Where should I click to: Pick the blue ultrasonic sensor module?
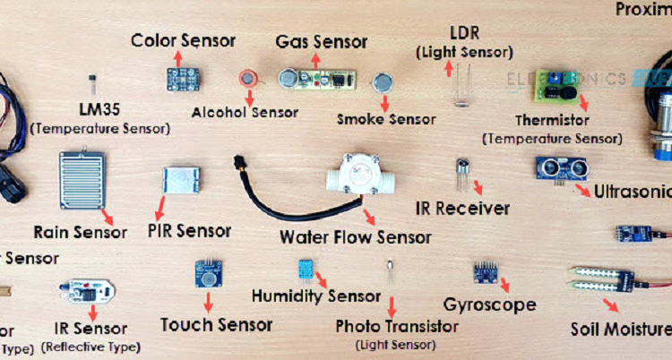(560, 167)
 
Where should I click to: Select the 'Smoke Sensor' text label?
(386, 119)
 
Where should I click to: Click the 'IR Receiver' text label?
(462, 209)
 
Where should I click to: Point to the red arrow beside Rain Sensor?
(108, 216)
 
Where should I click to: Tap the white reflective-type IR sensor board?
(86, 291)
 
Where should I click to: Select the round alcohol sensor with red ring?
(247, 79)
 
